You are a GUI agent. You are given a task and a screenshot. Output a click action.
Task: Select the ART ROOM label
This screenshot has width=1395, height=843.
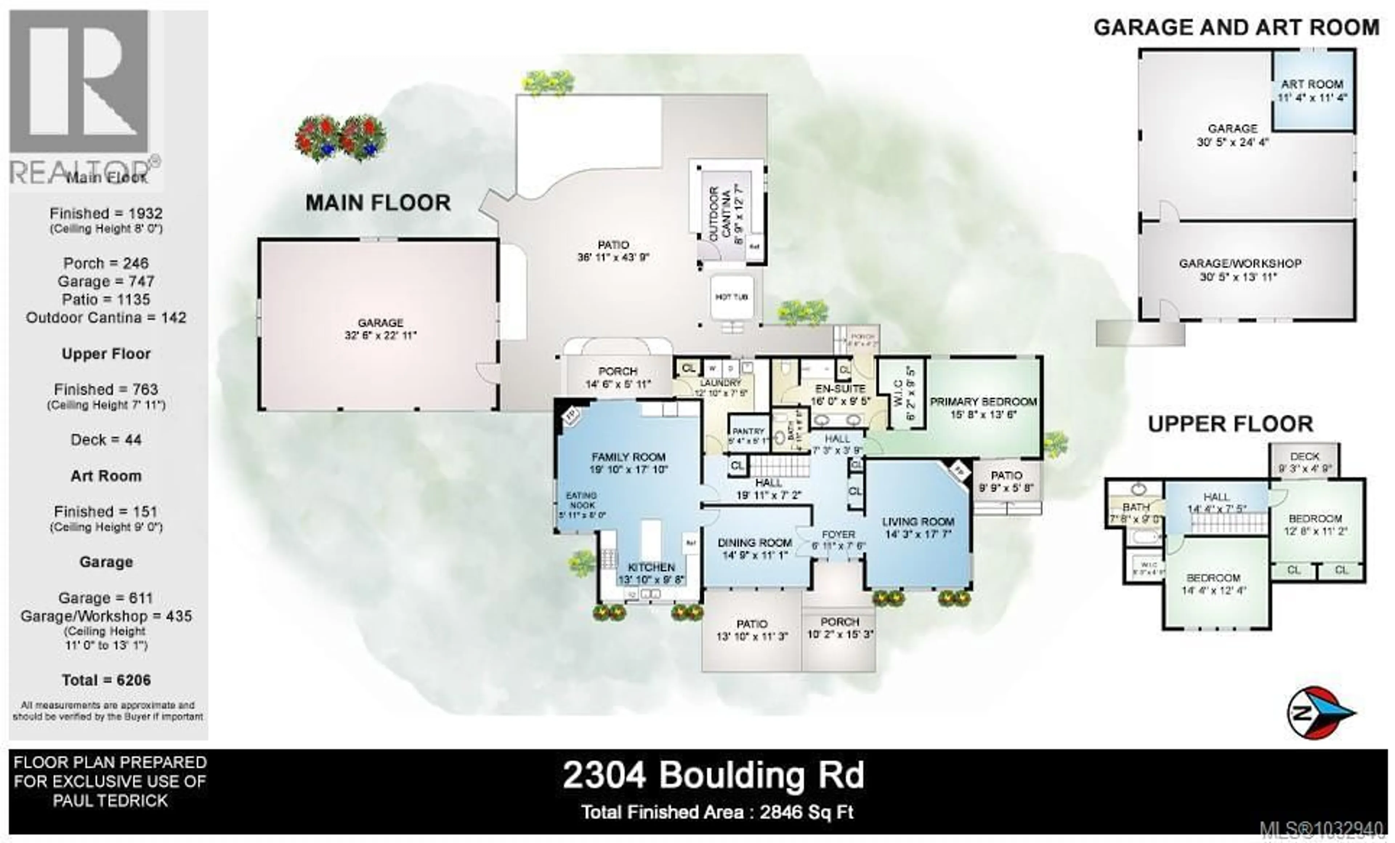pos(1312,84)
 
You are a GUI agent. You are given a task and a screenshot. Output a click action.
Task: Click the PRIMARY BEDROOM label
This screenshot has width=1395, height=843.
pos(983,402)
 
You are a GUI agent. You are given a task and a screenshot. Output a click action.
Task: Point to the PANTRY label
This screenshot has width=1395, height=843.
pos(748,431)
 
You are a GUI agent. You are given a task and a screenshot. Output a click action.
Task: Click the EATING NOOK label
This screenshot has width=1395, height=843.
pos(582,500)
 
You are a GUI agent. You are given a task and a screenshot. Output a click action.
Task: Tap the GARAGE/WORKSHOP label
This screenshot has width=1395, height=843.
pos(1239,263)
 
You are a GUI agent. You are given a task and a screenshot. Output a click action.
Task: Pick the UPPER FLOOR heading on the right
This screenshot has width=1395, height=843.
pos(1230,424)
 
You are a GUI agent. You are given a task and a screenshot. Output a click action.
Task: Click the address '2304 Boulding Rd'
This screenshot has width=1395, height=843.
pos(713,775)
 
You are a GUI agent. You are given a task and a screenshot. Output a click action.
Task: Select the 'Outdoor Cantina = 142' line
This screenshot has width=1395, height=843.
pos(106,318)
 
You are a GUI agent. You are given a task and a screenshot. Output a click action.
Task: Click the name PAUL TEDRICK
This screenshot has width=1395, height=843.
pos(110,800)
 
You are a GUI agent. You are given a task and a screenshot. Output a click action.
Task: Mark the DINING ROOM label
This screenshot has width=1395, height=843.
pos(755,543)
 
